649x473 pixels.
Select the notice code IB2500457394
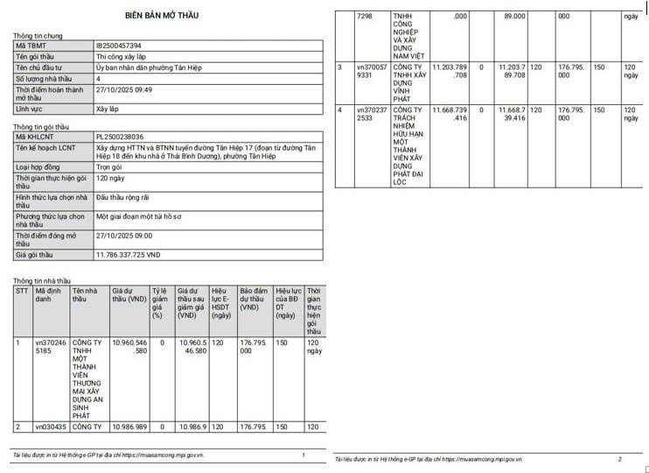coord(118,46)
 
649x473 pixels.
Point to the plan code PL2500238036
coord(120,137)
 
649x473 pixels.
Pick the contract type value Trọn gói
coord(109,166)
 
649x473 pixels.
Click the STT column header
coord(22,291)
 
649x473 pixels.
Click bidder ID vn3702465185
coord(50,348)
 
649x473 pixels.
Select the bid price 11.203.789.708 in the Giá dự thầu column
coord(450,71)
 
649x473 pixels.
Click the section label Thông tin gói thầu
coord(43,127)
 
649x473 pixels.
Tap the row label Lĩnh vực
coord(31,109)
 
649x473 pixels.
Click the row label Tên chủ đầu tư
coord(40,67)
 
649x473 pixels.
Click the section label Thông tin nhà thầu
coord(42,280)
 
